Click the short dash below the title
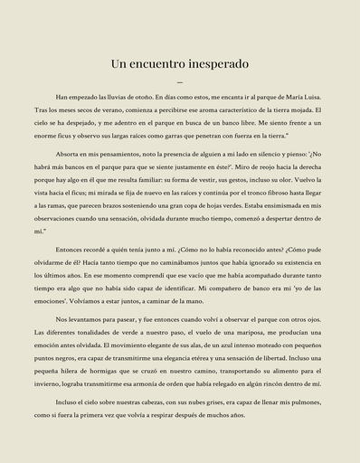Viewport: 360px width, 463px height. (x=180, y=82)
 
